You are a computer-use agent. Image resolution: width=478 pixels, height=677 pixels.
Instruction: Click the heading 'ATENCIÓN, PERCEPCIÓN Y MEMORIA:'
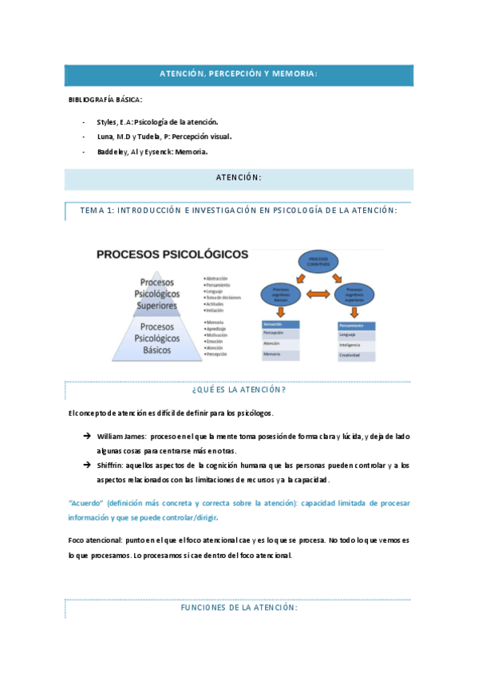(239, 74)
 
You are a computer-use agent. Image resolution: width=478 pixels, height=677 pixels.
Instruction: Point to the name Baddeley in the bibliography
(111, 151)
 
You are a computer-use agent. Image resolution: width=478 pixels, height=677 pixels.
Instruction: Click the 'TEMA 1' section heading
(239, 210)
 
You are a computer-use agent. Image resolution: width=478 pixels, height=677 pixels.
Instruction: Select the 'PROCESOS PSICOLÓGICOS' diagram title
(172, 255)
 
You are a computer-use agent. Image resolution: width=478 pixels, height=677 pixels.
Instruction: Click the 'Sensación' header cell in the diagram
(279, 324)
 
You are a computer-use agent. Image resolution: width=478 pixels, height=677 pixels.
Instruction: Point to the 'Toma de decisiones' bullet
(224, 296)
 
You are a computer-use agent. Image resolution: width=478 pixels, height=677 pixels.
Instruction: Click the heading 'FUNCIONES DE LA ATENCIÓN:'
(239, 608)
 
